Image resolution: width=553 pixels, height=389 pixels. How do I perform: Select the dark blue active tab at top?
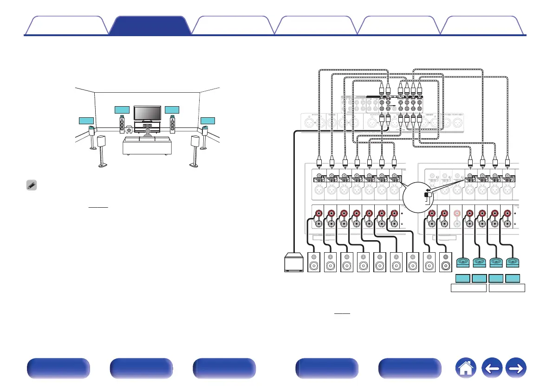click(x=150, y=26)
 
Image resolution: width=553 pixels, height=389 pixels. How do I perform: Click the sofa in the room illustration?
click(x=147, y=146)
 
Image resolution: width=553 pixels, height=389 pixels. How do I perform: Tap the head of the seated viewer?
click(x=147, y=132)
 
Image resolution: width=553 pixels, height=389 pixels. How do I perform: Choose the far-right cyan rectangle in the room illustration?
click(x=208, y=121)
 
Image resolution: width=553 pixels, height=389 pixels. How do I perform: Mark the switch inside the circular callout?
click(x=429, y=195)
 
